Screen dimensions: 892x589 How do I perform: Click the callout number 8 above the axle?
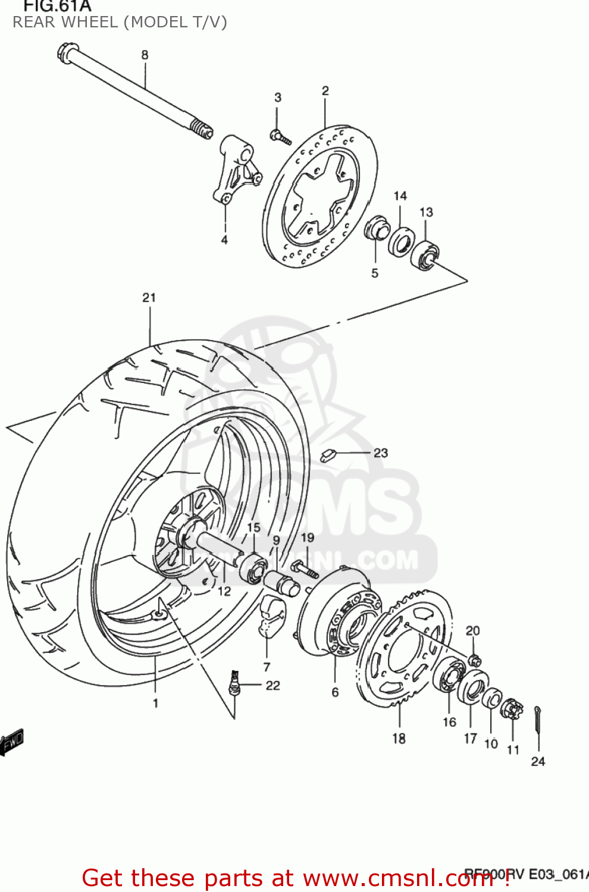145,55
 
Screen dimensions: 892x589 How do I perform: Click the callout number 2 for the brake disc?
325,91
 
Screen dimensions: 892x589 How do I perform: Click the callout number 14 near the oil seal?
400,196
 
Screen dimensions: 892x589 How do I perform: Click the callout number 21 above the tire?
149,298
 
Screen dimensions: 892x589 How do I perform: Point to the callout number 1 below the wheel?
155,703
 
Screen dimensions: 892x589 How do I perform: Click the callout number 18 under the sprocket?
399,739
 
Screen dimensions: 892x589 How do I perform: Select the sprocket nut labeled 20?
475,660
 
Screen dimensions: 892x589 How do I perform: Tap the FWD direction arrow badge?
12,741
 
